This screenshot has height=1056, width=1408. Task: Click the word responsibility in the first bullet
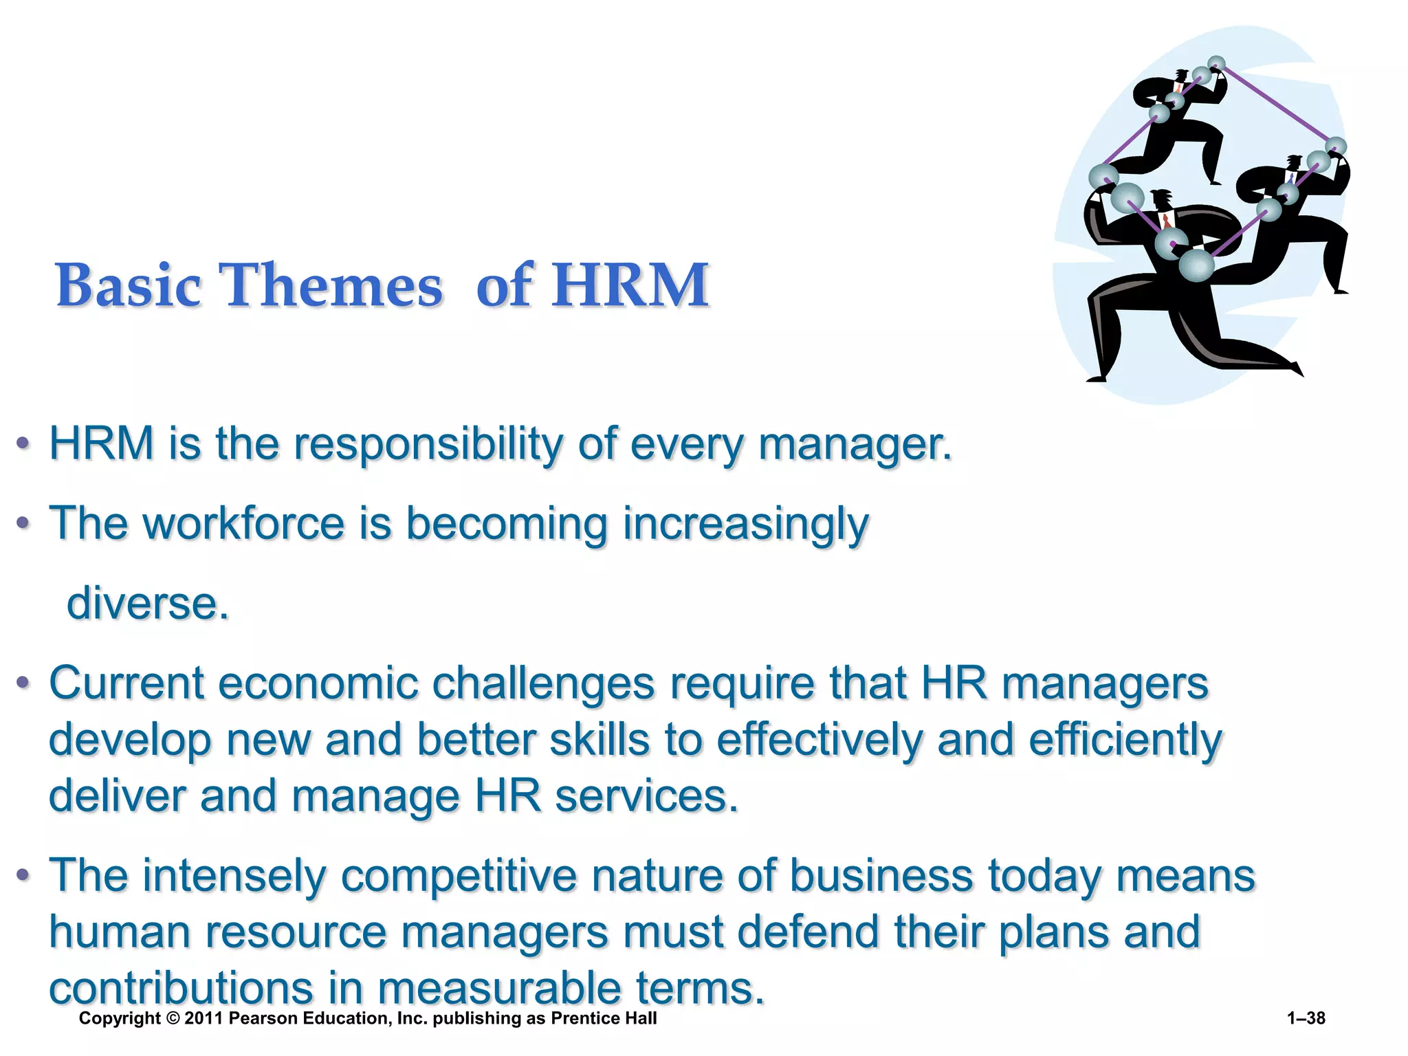pos(428,445)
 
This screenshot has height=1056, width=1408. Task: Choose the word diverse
pos(148,604)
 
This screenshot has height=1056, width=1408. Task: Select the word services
pos(646,797)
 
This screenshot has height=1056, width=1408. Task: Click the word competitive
pos(459,877)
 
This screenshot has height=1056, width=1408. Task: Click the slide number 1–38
pos(1306,1018)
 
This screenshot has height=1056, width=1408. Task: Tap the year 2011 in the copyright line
pos(203,1018)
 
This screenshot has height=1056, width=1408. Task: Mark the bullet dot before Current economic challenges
pos(23,684)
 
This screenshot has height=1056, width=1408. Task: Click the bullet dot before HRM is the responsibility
pos(23,445)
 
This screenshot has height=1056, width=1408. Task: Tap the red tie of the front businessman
pos(1166,221)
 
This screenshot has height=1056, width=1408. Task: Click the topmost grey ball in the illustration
pos(1216,64)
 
